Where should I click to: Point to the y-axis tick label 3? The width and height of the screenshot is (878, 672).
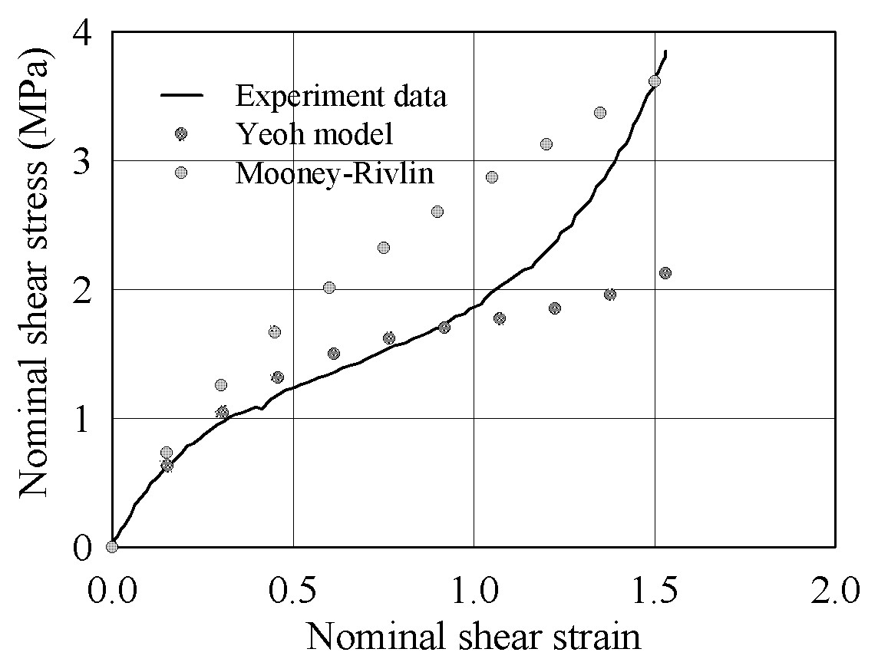[x=82, y=163]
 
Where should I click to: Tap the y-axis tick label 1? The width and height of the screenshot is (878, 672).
[x=83, y=421]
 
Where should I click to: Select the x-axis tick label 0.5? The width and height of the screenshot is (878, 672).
[x=292, y=592]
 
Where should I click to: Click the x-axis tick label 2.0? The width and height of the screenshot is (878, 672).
[x=835, y=592]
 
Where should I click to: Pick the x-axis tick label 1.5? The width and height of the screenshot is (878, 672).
[x=655, y=592]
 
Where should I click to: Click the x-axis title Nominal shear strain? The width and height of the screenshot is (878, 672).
[x=474, y=636]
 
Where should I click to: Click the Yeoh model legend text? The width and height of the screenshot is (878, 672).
[x=315, y=134]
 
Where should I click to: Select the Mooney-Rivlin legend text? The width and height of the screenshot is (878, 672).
[x=335, y=173]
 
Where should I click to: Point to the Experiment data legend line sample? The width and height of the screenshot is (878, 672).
[x=182, y=96]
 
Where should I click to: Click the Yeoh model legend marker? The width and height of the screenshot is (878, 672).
[x=181, y=133]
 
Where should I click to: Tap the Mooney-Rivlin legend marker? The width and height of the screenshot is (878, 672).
[x=181, y=173]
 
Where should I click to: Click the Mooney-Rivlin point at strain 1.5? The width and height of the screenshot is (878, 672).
[x=654, y=81]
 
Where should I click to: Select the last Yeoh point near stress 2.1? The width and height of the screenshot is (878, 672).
[x=665, y=273]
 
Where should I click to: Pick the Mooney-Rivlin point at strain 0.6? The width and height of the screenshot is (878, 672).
[x=329, y=288]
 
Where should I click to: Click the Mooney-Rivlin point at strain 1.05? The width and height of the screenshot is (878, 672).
[x=492, y=177]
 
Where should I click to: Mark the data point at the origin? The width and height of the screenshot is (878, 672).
[x=112, y=547]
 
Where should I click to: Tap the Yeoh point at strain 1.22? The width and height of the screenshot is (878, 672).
[x=555, y=308]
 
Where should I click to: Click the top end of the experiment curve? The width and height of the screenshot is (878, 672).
[x=665, y=51]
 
